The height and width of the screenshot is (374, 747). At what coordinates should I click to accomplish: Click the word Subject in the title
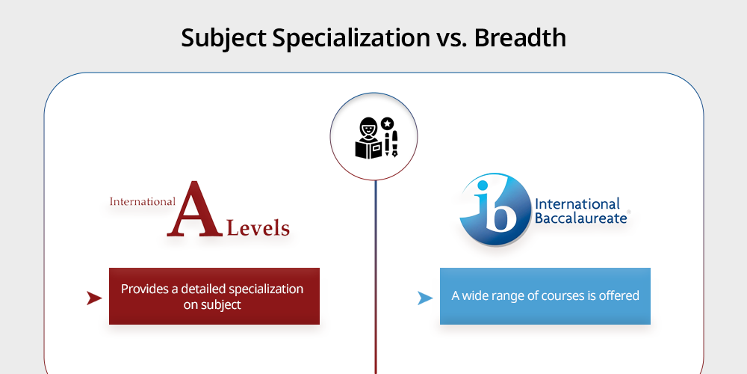click(x=224, y=38)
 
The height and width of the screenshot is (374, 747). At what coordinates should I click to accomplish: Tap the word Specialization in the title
click(x=351, y=39)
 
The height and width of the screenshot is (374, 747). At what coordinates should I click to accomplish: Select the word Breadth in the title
click(x=520, y=37)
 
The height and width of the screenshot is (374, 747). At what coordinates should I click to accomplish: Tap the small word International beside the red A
click(x=143, y=201)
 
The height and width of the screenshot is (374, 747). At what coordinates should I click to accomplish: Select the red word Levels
click(x=258, y=228)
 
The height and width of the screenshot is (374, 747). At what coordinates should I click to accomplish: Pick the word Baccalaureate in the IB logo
click(x=580, y=218)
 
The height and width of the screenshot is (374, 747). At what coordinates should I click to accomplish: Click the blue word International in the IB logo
click(x=577, y=204)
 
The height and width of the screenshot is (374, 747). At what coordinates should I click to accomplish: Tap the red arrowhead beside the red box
click(x=94, y=298)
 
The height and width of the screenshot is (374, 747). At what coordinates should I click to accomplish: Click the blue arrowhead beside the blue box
click(x=425, y=298)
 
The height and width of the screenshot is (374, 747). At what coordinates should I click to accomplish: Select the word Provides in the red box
click(x=142, y=289)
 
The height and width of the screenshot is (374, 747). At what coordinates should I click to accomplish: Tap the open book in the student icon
click(x=369, y=150)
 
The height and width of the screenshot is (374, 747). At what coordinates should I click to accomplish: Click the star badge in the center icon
click(x=387, y=124)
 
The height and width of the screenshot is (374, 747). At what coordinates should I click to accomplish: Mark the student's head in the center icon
click(x=369, y=128)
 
